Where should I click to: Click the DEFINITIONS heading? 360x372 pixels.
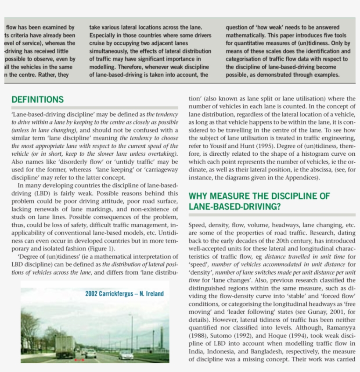(37, 100)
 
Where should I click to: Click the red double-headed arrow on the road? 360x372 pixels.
(79, 360)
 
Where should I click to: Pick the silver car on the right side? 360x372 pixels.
(126, 354)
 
